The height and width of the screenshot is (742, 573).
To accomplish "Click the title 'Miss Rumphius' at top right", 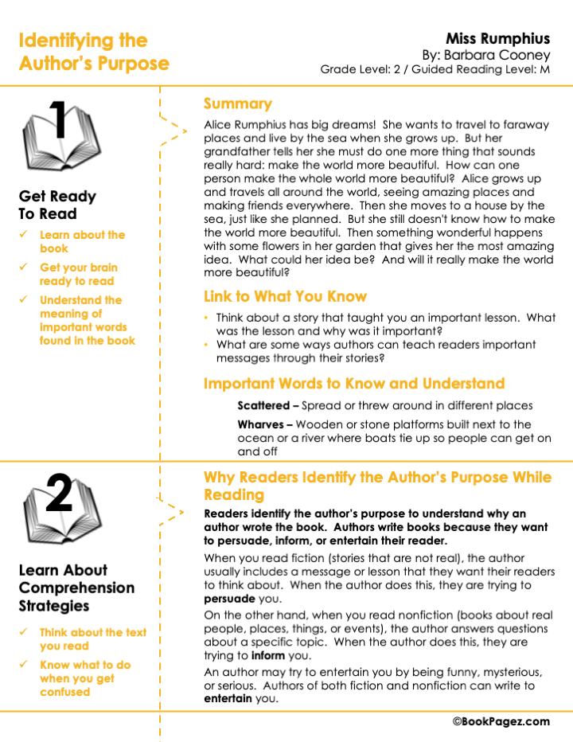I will point(497,38).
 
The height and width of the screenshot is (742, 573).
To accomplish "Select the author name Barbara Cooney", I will point(509,55).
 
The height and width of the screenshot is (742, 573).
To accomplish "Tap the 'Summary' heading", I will point(237,104).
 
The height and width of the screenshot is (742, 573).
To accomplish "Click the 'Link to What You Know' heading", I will point(285,297).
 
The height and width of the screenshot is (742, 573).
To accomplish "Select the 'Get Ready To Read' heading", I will point(57,205).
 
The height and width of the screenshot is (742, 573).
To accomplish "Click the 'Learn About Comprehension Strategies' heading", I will point(76,588).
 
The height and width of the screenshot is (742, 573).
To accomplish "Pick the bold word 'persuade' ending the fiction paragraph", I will point(229,599).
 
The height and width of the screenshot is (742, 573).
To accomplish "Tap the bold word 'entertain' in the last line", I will point(228,699).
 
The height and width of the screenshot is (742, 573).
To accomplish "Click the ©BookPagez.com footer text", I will point(501,721).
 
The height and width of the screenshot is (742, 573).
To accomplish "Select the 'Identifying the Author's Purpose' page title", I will point(94,52).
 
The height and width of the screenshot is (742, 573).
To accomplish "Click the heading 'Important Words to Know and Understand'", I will point(354,384).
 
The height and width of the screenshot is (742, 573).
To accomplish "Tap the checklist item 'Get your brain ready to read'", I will point(78,274).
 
